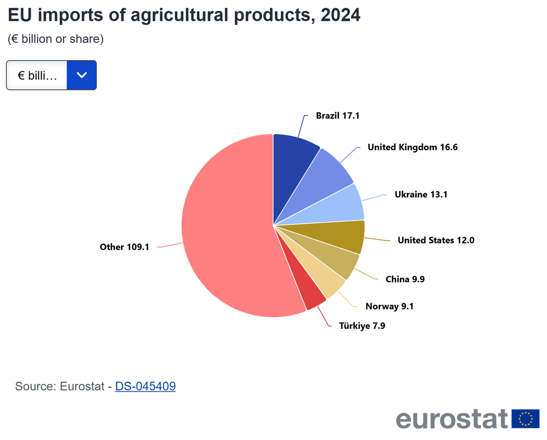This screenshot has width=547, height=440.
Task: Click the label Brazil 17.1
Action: pyautogui.click(x=338, y=116)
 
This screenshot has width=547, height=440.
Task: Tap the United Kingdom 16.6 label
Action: pyautogui.click(x=413, y=147)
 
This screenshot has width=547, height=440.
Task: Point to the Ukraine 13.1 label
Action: pyautogui.click(x=421, y=195)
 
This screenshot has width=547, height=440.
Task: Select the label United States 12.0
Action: pyautogui.click(x=436, y=240)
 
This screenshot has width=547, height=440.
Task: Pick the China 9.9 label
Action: pyautogui.click(x=405, y=279)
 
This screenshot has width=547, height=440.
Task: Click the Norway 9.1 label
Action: pyautogui.click(x=389, y=306)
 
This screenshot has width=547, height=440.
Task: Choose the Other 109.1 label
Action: pyautogui.click(x=124, y=247)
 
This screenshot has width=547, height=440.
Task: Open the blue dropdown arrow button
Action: pyautogui.click(x=82, y=75)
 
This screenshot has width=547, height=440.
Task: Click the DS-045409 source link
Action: pyautogui.click(x=145, y=387)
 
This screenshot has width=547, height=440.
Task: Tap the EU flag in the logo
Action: pyautogui.click(x=525, y=419)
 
